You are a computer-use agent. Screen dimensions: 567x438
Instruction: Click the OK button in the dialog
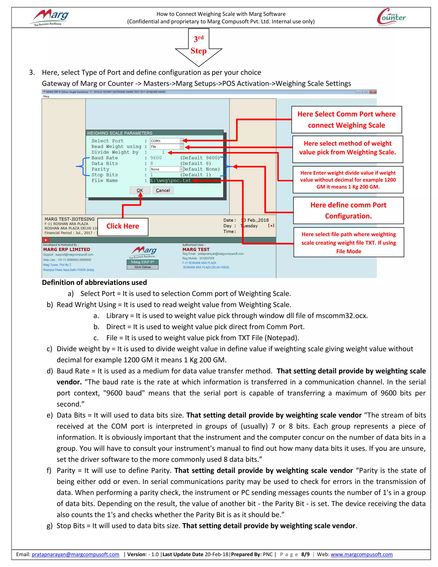(x=140, y=190)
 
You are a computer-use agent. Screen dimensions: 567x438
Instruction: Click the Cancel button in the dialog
(x=163, y=190)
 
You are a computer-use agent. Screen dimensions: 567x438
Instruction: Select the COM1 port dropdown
(x=167, y=141)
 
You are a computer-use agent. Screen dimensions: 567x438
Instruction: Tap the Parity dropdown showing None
(x=167, y=169)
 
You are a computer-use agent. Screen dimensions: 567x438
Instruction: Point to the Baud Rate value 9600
(x=156, y=158)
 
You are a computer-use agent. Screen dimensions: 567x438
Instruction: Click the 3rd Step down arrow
(x=198, y=48)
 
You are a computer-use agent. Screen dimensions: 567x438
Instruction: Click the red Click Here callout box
(x=123, y=226)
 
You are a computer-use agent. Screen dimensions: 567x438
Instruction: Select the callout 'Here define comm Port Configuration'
(x=348, y=210)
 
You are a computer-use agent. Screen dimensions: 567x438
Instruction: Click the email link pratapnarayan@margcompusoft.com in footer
(x=75, y=554)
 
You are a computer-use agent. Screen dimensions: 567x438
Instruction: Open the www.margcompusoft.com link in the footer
(x=361, y=554)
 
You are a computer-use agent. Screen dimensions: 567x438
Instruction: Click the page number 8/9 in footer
(x=305, y=554)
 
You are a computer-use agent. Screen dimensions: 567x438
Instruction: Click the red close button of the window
(x=373, y=92)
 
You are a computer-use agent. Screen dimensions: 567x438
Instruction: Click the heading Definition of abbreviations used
(x=95, y=282)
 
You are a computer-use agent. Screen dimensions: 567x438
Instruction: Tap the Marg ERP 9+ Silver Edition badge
(x=142, y=264)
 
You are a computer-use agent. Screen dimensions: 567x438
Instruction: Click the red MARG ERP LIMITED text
(x=67, y=249)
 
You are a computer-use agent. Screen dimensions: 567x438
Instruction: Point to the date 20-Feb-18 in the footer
(x=216, y=554)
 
